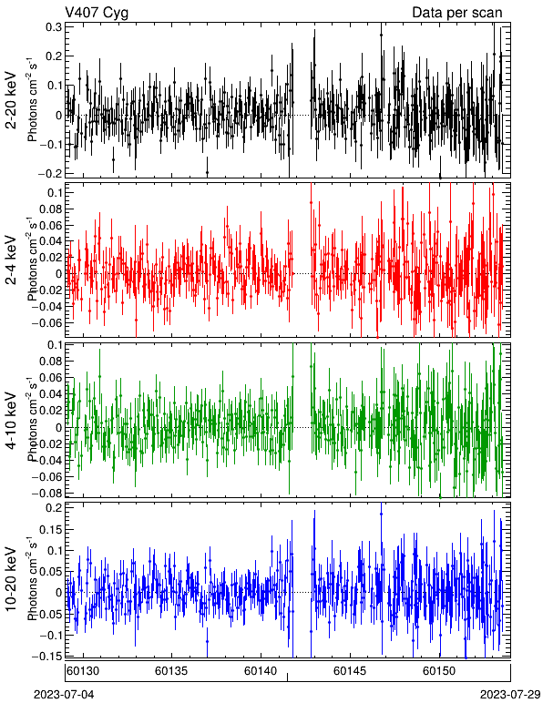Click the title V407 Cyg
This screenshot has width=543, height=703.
point(97,13)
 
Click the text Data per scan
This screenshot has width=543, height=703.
point(457,13)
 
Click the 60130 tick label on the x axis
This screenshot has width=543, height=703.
point(83,671)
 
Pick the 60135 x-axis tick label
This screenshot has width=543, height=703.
point(171,671)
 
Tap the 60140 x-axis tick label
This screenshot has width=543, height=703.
point(261,671)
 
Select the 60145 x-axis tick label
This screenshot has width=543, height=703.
point(350,671)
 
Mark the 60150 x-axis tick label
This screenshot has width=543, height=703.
point(439,671)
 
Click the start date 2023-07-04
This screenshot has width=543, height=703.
point(64,695)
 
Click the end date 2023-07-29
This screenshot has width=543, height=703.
point(510,695)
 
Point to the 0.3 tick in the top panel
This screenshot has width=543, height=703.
point(54,27)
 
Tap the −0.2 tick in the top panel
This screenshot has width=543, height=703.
point(50,174)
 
